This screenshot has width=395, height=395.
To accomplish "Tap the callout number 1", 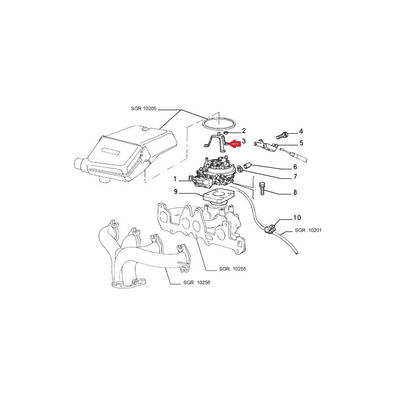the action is (175, 179).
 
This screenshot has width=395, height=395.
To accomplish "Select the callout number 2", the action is (244, 131).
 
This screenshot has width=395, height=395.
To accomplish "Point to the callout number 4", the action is (301, 131).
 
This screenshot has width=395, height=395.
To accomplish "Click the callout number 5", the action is (301, 143).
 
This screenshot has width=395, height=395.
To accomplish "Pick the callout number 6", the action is (295, 167).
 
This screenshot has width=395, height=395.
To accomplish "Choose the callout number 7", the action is (295, 177).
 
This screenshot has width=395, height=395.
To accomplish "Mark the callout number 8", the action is (295, 193).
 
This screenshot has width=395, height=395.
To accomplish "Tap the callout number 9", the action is (176, 192).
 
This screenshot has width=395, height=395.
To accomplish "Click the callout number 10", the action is (297, 217).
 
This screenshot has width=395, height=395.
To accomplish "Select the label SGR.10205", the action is (144, 109).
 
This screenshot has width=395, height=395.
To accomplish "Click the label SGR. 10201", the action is (308, 230).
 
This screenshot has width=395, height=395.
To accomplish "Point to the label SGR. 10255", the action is (233, 269).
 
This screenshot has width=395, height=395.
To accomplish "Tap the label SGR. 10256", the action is (197, 282).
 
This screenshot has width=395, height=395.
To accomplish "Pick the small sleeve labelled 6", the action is (247, 166).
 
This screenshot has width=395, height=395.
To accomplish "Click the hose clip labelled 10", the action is (270, 229).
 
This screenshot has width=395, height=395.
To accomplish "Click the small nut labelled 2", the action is (226, 132).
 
